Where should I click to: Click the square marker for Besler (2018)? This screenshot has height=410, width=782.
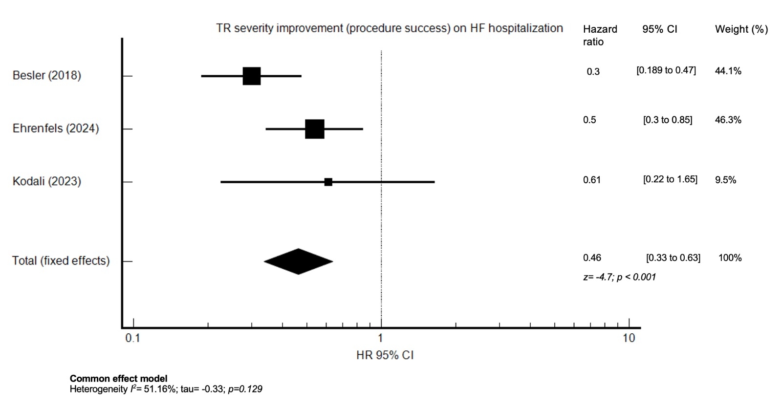click(252, 76)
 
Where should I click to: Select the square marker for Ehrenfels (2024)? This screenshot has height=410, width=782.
click(314, 129)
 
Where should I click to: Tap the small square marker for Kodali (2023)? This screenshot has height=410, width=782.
click(328, 182)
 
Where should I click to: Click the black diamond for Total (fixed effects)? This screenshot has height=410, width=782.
click(298, 261)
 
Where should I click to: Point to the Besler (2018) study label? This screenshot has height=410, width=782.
click(47, 75)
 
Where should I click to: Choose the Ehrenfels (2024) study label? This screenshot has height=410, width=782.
click(56, 129)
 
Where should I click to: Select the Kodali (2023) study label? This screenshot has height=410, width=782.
click(47, 181)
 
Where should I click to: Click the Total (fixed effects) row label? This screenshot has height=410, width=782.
click(61, 261)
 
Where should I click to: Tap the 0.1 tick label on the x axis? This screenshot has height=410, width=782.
click(132, 338)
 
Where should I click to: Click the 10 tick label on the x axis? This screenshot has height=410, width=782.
click(629, 338)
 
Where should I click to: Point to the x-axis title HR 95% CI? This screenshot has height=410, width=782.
click(385, 355)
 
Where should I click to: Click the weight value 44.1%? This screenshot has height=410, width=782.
click(728, 71)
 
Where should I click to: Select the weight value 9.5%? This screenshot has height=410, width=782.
click(725, 180)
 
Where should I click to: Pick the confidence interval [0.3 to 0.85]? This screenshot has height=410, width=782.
click(668, 120)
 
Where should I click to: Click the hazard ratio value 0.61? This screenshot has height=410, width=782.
click(592, 180)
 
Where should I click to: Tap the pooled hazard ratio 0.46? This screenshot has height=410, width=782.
click(592, 258)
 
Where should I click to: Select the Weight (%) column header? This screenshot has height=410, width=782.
click(741, 29)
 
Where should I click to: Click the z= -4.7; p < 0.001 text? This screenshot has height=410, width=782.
click(619, 277)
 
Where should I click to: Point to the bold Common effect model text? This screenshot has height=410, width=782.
click(118, 379)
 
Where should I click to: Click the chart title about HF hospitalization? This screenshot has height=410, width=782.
click(390, 28)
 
